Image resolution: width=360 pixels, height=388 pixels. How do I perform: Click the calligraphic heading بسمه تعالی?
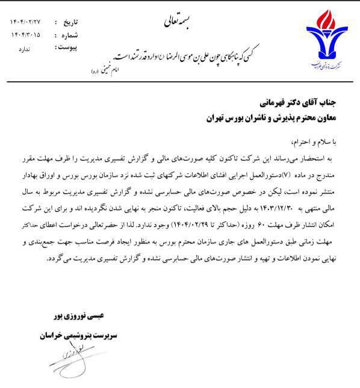177,23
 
